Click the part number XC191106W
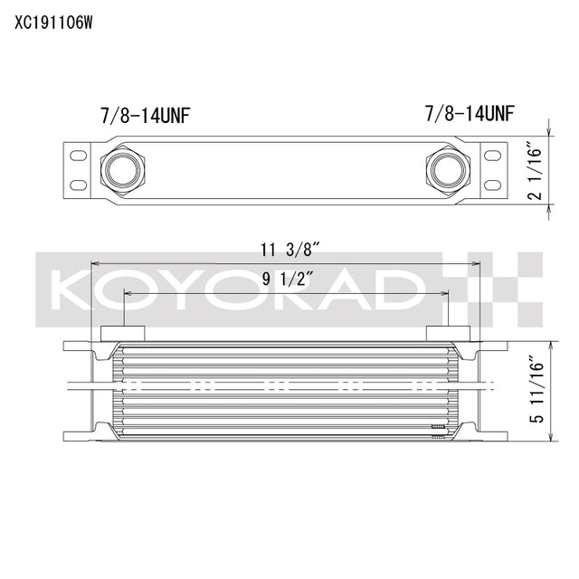coord(53,21)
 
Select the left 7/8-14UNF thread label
coord(145,115)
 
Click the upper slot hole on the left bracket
coord(79,156)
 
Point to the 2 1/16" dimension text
coord(535,176)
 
